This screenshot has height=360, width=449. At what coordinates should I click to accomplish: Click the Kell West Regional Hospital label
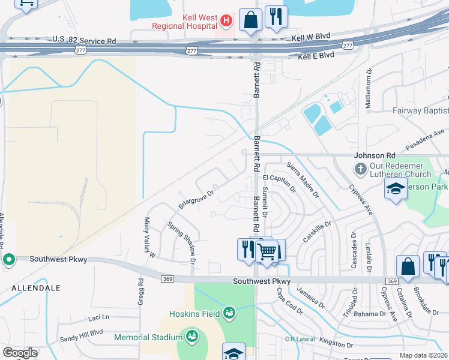184,21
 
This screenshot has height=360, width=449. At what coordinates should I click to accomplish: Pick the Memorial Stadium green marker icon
192,335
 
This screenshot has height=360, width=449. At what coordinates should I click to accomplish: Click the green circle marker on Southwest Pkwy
8,260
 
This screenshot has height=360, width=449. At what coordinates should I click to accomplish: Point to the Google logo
20,353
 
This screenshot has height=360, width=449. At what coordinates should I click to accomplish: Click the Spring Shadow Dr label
182,243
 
